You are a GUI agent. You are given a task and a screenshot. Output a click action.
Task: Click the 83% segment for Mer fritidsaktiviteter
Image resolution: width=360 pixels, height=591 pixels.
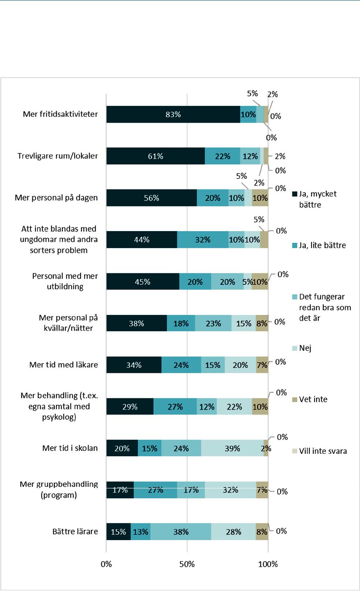173,114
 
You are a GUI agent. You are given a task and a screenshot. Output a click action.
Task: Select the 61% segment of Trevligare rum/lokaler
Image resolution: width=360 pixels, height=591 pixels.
156,156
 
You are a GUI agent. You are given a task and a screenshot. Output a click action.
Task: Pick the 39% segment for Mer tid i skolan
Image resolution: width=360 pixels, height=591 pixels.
232,448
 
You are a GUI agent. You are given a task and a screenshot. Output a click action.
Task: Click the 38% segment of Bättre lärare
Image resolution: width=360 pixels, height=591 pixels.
181,532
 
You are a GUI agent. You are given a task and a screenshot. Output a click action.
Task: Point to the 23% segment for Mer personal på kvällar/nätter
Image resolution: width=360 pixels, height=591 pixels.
213,323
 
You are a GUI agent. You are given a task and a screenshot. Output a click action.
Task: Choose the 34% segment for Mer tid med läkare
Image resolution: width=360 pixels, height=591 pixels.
134,365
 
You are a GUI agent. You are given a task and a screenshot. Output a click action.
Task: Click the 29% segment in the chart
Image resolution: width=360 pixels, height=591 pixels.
130,406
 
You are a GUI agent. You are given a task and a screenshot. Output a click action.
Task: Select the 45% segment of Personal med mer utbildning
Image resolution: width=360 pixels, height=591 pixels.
143,281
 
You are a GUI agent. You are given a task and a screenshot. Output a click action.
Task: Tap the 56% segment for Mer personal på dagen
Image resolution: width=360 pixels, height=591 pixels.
151,198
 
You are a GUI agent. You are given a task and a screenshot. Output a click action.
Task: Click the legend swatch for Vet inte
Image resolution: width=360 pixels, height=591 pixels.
295,400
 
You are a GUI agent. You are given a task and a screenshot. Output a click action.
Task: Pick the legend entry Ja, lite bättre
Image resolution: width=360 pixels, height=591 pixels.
319,245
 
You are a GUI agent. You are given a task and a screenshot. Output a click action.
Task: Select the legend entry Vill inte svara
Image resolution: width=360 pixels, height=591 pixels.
320,451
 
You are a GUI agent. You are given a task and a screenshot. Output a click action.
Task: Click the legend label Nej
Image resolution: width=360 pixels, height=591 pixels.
305,348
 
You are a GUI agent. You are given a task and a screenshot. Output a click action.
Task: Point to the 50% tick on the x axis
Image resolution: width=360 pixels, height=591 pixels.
187,564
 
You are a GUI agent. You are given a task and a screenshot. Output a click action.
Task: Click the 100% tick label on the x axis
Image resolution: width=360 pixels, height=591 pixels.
268,564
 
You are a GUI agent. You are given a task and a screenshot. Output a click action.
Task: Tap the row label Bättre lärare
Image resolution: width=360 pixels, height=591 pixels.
75,531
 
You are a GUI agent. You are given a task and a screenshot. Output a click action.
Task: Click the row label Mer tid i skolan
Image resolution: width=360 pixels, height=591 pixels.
70,448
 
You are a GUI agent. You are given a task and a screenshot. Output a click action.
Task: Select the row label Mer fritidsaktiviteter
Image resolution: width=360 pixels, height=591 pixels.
60,114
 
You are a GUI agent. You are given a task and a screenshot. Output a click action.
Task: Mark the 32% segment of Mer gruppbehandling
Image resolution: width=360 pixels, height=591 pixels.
230,490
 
